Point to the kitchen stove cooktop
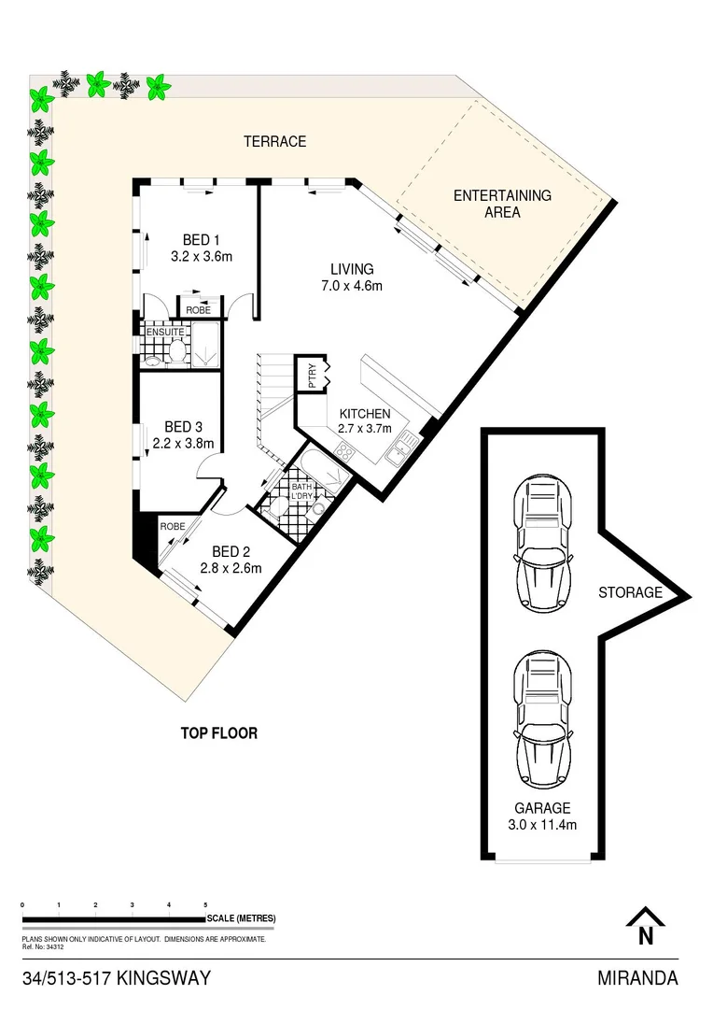(x=344, y=452)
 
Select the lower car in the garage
(x=541, y=719)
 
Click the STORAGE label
(x=630, y=592)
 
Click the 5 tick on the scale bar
(x=205, y=905)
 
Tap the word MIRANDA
(x=637, y=978)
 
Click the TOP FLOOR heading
(x=219, y=733)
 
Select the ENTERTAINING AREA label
(x=502, y=204)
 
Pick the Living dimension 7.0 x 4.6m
(x=351, y=286)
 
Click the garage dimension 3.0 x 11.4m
(x=541, y=825)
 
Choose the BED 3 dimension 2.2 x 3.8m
(x=183, y=443)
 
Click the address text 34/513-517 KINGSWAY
(x=116, y=978)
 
